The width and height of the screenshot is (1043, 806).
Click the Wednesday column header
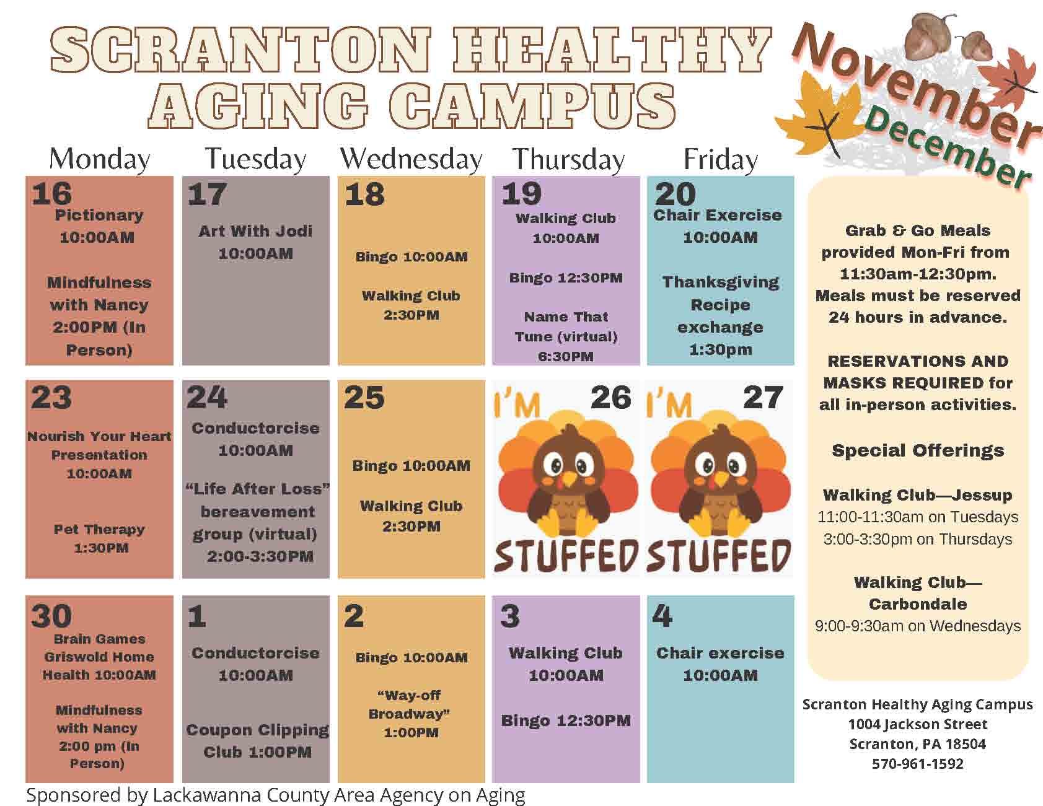[411, 159]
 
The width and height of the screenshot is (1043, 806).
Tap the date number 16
[52, 193]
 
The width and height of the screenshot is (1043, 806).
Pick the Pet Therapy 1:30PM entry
[99, 538]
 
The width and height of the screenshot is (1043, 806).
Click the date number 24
[207, 397]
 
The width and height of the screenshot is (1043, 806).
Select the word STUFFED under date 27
[718, 556]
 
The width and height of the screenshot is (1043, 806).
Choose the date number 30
[51, 616]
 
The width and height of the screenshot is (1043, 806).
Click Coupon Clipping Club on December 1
[258, 741]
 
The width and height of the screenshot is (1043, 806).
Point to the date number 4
[662, 616]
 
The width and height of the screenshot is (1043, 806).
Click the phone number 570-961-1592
[918, 764]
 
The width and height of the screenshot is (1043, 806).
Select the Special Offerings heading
[918, 450]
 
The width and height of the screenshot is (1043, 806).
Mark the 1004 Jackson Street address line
[918, 724]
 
